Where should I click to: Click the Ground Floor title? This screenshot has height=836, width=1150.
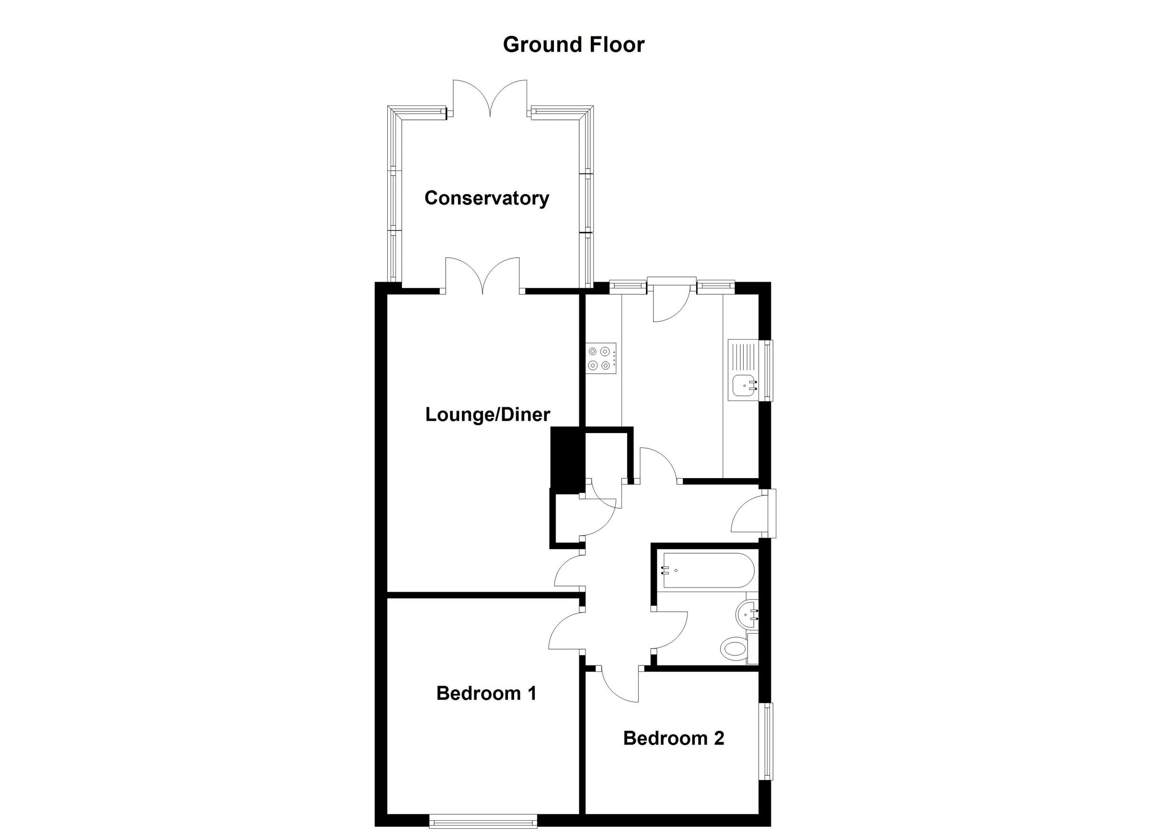[573, 45]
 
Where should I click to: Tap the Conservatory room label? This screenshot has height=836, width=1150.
[486, 198]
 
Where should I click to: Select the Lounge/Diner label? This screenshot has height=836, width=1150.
[487, 415]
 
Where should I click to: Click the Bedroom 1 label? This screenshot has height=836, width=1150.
[486, 693]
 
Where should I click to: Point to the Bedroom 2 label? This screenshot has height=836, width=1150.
[673, 738]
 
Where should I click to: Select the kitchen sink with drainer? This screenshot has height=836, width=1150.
[743, 369]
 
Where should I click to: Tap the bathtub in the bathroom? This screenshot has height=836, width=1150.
[708, 570]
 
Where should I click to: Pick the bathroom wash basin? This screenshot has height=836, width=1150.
[746, 615]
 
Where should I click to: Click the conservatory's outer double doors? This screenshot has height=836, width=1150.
[490, 99]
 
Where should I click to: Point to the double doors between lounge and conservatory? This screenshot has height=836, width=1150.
[483, 276]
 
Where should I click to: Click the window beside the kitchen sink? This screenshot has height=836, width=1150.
[769, 370]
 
